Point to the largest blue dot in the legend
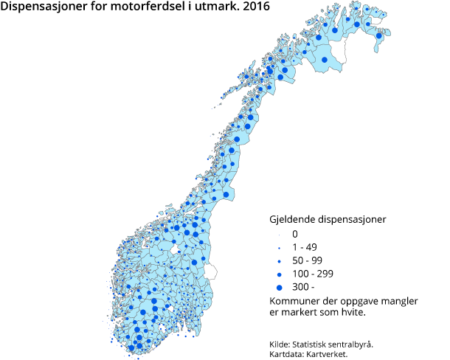click(x=280, y=287)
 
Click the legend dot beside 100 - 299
click(x=280, y=274)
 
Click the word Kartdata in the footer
click(x=288, y=353)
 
